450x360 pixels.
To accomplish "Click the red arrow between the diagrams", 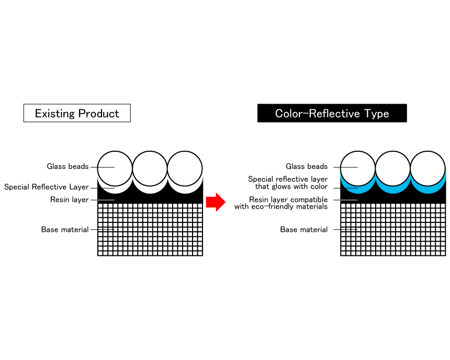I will click(215, 202).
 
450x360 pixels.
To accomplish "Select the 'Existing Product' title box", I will click(77, 113).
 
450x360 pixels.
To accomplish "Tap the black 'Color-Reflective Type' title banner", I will click(332, 113).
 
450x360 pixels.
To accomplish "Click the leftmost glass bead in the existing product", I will click(115, 167).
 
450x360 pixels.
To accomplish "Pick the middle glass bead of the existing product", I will click(150, 167).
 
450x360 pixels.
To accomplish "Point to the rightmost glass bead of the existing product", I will click(185, 167).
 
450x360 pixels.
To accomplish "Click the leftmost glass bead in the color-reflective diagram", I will click(358, 167).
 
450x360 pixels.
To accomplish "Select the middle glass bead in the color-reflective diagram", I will click(392, 167).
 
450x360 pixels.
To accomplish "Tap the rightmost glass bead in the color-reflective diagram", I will click(428, 167).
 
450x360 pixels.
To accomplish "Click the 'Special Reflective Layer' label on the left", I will click(47, 187).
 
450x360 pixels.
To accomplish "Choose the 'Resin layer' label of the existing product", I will click(70, 199).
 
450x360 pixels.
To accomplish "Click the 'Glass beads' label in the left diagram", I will click(67, 167).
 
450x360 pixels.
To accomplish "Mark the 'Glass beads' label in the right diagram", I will click(307, 167).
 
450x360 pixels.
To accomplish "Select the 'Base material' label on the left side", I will click(65, 230).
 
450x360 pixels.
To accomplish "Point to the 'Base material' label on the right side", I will click(304, 230).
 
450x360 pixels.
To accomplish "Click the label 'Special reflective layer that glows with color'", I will click(288, 183).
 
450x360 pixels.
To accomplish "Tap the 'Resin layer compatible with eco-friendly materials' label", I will click(281, 203).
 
